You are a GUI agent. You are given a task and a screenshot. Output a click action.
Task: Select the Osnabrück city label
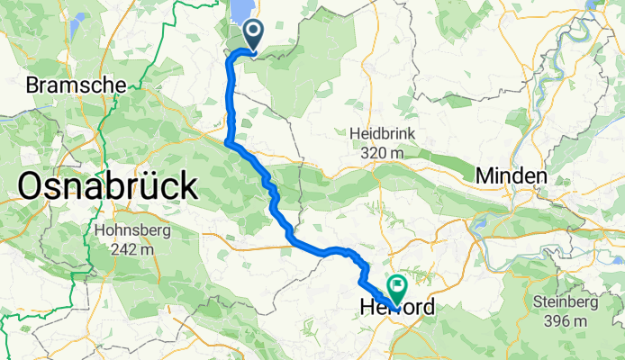[x=107, y=187]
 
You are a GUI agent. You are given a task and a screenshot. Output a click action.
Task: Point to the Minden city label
[x=512, y=175]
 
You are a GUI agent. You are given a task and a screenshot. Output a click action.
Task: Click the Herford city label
[x=396, y=308]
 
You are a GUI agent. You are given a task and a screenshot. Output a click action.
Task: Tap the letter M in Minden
[x=485, y=175]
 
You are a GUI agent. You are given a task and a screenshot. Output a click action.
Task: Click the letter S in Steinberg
[x=538, y=301]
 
